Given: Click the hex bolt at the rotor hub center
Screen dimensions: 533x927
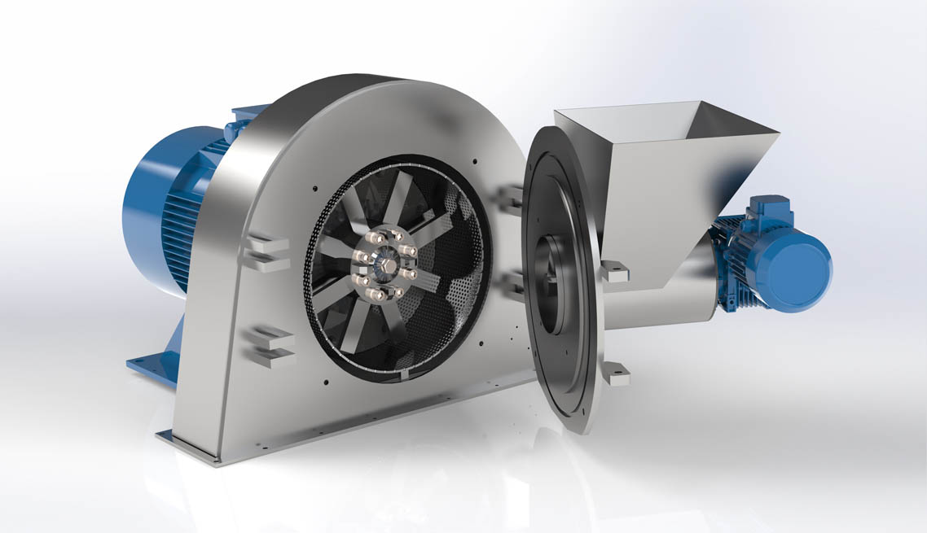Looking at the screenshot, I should click(383, 263).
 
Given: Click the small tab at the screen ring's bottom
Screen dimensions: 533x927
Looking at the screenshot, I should click(405, 377).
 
